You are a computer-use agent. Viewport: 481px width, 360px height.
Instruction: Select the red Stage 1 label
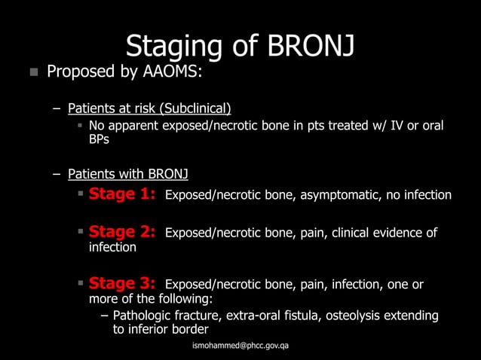pyautogui.click(x=122, y=194)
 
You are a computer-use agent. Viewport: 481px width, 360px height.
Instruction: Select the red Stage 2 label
pyautogui.click(x=122, y=232)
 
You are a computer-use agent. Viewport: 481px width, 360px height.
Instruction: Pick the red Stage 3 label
pyautogui.click(x=122, y=284)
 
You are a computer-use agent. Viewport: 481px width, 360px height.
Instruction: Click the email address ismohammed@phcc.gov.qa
pyautogui.click(x=241, y=345)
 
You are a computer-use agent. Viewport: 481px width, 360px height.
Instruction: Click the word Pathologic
pyautogui.click(x=144, y=316)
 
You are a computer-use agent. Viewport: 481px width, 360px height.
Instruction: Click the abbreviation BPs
pyautogui.click(x=99, y=140)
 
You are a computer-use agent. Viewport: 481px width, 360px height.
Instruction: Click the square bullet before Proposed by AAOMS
pyautogui.click(x=33, y=73)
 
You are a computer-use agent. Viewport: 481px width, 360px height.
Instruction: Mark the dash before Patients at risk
pyautogui.click(x=56, y=108)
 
